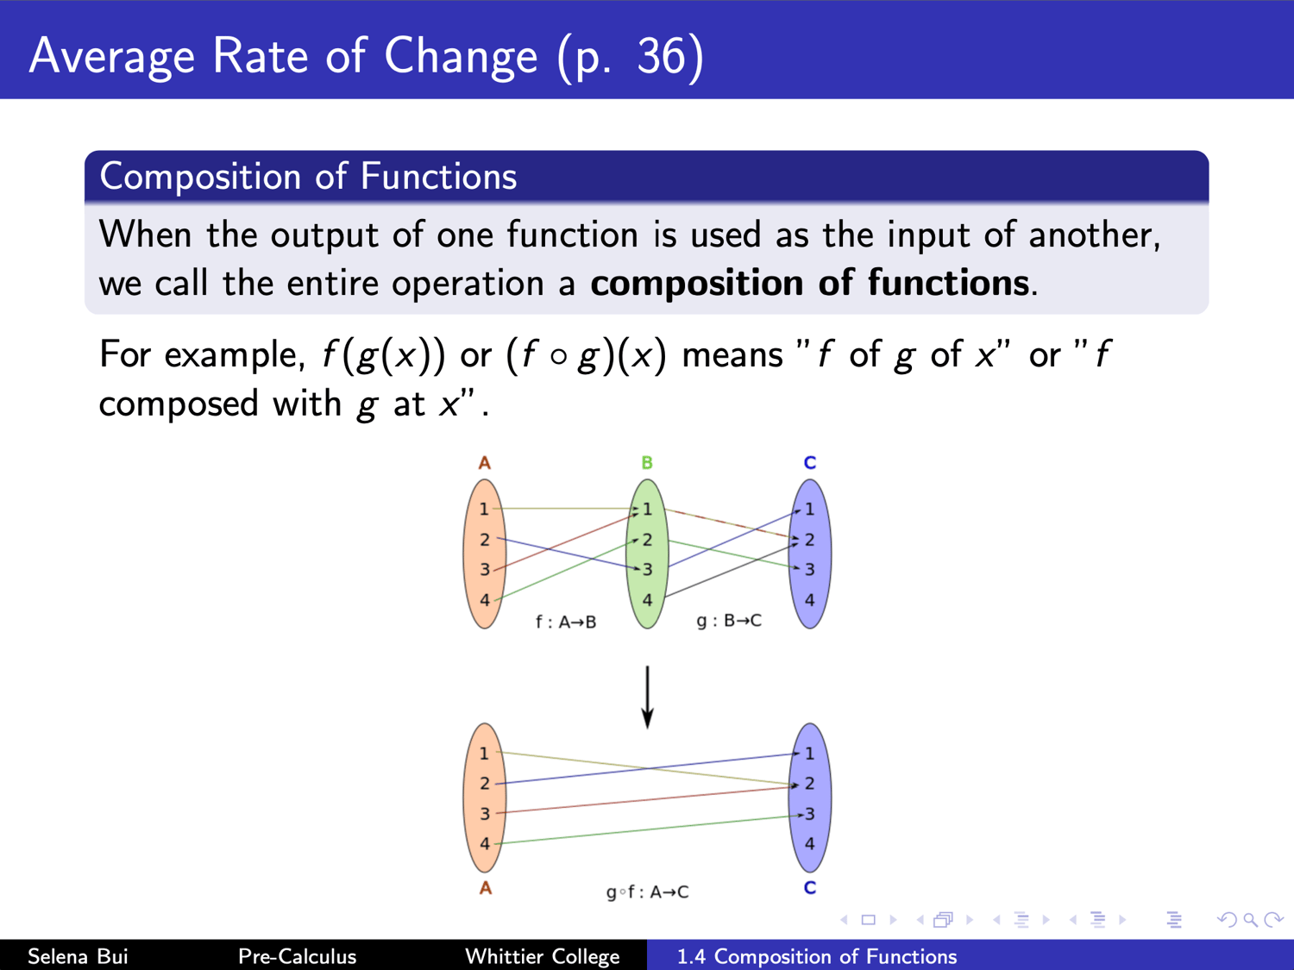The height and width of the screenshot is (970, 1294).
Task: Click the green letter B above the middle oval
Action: point(647,463)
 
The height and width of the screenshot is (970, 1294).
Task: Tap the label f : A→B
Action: point(566,622)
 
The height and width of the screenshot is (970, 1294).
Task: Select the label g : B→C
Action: point(729,621)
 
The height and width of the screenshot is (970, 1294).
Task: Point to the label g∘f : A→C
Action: point(647,892)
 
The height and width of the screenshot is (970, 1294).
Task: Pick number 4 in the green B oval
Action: point(647,599)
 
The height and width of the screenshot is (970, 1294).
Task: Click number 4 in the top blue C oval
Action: point(810,599)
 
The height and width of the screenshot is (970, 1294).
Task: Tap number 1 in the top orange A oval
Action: point(484,508)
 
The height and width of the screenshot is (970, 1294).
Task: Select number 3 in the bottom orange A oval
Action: point(485,813)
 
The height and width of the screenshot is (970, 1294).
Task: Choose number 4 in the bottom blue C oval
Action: point(810,843)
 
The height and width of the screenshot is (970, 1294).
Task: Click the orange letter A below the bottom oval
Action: point(485,887)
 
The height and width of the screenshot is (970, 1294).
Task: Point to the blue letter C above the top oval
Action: point(810,463)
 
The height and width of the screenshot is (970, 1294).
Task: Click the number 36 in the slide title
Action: point(661,57)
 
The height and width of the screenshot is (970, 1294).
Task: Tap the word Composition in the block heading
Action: point(200,177)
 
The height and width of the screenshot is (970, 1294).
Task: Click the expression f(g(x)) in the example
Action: point(384,356)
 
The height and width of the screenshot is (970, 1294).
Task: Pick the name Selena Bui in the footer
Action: point(78,956)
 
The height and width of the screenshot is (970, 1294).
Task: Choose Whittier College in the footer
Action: point(543,956)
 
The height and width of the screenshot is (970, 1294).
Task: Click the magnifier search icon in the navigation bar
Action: point(1250,919)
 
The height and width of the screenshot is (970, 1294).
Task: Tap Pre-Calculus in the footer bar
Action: point(297,956)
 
